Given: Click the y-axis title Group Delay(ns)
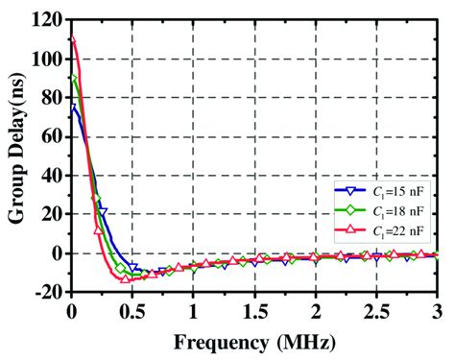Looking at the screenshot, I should click(16, 156).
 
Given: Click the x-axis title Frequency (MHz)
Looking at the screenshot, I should click(255, 341).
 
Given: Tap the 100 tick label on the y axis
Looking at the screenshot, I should click(44, 59).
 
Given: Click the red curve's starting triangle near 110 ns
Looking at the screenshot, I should click(72, 39).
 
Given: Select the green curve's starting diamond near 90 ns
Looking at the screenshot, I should click(72, 79).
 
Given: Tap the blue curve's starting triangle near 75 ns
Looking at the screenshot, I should click(72, 108).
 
